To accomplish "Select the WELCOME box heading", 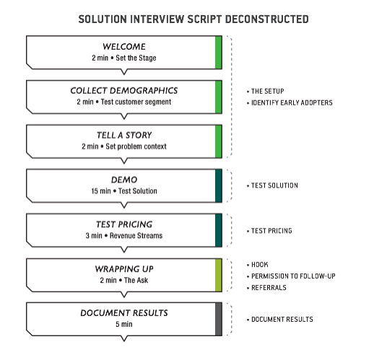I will point(123,47).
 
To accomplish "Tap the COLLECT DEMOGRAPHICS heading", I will point(123,91).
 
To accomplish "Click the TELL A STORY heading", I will point(123,136).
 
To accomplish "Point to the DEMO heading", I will point(123,180).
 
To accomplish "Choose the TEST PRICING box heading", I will point(123,224).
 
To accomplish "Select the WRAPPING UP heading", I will point(123,268).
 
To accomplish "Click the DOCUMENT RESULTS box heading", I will point(123,312).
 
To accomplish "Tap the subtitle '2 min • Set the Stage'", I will point(123,58).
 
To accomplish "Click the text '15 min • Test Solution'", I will point(123,190).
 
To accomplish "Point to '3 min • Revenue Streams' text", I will point(123,235).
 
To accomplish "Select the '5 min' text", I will point(123,324).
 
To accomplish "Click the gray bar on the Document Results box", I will point(218,319).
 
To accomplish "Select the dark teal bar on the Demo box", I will point(218,185).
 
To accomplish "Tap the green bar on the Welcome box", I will point(218,53).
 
